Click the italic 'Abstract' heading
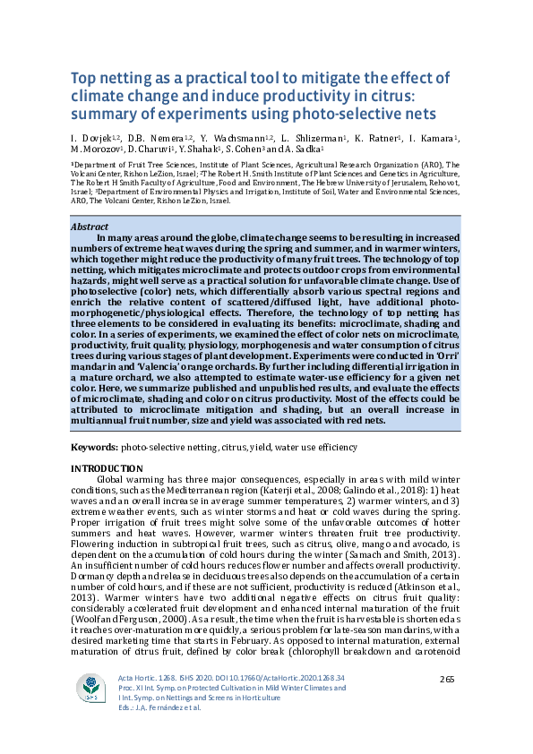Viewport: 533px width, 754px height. point(90,227)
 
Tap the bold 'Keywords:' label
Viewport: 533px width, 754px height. point(93,446)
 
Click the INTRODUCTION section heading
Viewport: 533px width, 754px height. point(106,468)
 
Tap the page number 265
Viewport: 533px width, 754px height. point(449,681)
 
